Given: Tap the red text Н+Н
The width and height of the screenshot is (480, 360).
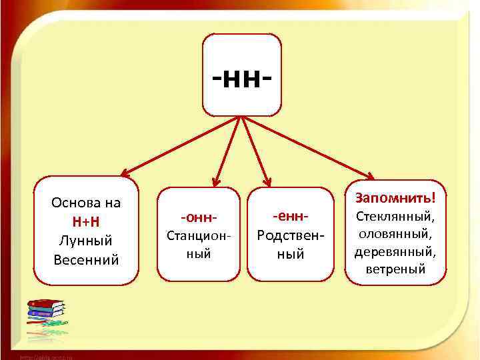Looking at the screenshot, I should pyautogui.click(x=86, y=221).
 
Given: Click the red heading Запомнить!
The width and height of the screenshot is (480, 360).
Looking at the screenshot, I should pyautogui.click(x=395, y=197).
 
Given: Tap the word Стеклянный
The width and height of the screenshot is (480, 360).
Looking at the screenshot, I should pyautogui.click(x=395, y=217).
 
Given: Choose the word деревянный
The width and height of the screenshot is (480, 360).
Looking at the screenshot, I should pyautogui.click(x=395, y=252).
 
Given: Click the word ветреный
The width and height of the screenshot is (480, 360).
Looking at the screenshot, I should pyautogui.click(x=395, y=270).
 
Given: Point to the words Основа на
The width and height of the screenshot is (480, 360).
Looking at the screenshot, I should pyautogui.click(x=86, y=203).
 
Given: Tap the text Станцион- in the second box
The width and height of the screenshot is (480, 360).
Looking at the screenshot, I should pyautogui.click(x=199, y=236).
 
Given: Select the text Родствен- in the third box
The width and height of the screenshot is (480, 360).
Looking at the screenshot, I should pyautogui.click(x=290, y=236).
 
